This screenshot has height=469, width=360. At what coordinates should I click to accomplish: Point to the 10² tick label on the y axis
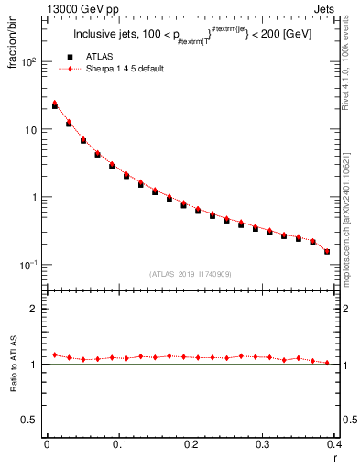[29, 62]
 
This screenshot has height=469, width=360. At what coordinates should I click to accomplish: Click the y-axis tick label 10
[31, 130]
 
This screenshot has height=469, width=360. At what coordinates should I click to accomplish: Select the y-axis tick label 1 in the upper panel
[35, 197]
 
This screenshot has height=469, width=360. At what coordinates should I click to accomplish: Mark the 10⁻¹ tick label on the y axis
[29, 265]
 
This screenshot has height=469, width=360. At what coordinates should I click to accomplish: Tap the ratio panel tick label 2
[35, 309]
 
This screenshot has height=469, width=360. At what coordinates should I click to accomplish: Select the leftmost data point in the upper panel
[54, 105]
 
